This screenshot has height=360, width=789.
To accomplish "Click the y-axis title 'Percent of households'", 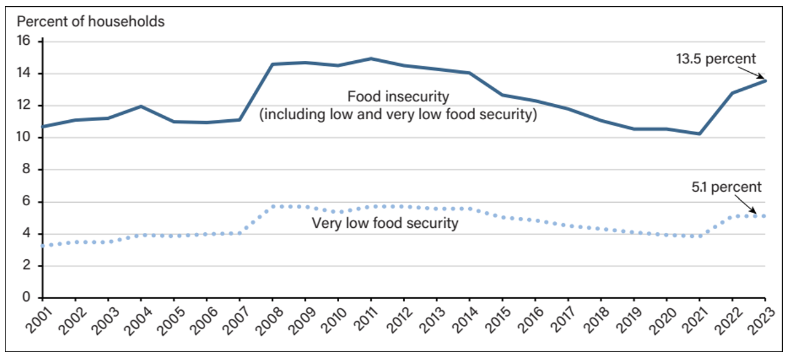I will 91,22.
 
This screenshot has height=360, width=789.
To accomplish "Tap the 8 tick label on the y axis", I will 26,170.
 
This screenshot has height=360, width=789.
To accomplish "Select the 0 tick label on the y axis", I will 26,298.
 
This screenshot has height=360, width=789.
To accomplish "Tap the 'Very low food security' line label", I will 385,223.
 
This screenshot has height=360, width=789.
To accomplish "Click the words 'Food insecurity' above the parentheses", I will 398,97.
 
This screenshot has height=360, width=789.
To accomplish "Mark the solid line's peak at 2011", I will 371,59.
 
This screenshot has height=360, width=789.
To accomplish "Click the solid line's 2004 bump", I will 141,106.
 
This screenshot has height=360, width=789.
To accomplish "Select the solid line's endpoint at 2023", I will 765,80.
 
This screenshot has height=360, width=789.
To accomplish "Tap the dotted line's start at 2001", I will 42,246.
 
